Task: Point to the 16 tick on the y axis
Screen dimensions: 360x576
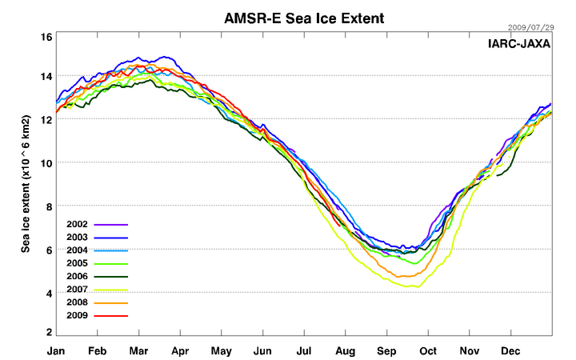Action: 46,38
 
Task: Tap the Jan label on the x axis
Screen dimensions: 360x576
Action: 56,350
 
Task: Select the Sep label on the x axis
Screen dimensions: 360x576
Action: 387,350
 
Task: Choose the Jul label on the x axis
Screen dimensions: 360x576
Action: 304,350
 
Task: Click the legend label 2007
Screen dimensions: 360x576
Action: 78,290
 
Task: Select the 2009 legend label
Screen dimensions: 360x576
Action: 78,316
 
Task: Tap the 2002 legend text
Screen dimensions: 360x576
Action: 78,225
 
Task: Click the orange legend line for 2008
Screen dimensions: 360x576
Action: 111,303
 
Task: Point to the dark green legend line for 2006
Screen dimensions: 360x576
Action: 111,277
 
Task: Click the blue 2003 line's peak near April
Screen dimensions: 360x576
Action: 166,57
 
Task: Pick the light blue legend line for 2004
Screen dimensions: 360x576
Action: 111,250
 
